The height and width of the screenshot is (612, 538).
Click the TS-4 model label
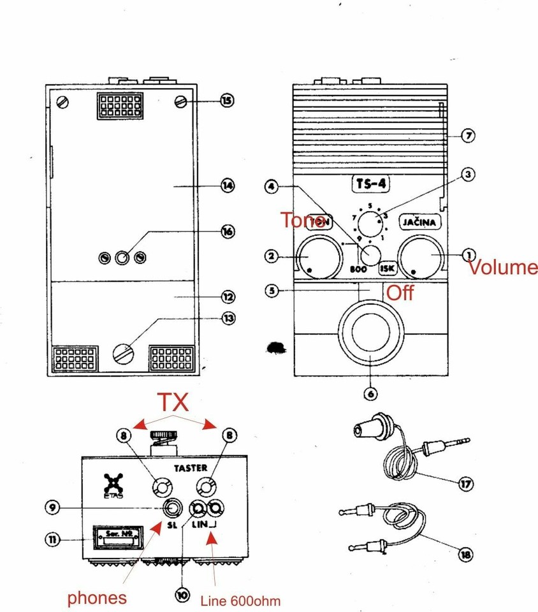[370, 184]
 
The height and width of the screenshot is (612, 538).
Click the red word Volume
[503, 267]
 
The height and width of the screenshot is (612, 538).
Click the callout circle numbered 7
[469, 135]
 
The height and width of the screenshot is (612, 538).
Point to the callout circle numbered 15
[227, 100]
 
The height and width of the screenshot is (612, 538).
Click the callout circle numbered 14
[227, 186]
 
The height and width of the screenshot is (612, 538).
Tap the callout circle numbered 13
[227, 319]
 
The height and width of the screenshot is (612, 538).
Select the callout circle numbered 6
[371, 393]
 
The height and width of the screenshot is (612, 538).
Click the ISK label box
[388, 268]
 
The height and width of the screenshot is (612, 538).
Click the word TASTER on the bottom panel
[189, 467]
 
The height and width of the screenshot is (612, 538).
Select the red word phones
[96, 598]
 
